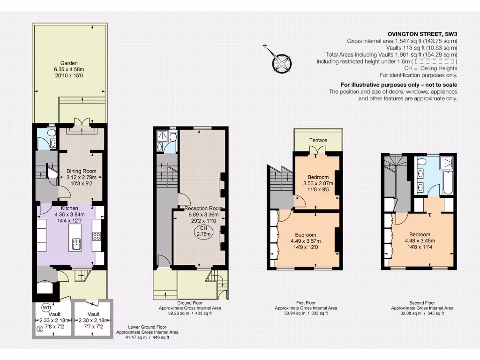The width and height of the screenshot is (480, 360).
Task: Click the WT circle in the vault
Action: pos(46,307)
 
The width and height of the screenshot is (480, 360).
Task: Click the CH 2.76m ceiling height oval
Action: pos(203,231)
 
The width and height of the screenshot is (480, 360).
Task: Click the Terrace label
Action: pos(318,140)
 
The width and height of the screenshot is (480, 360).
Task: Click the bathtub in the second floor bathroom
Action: pos(447,184)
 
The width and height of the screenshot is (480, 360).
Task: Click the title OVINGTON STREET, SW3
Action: pos(422,34)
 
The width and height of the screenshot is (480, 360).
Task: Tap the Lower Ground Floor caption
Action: pos(147,328)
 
